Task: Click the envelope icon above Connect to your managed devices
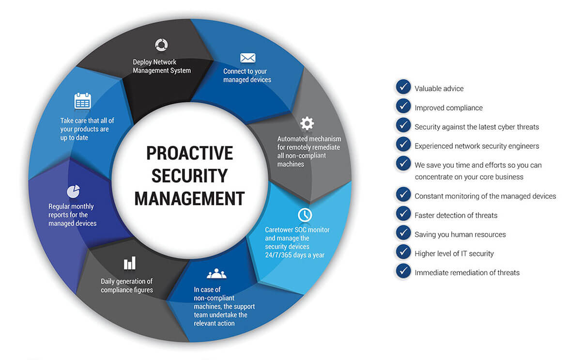pyautogui.click(x=248, y=58)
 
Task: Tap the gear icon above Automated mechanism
pyautogui.click(x=307, y=123)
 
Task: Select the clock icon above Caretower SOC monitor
pyautogui.click(x=305, y=215)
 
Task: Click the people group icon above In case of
pyautogui.click(x=216, y=274)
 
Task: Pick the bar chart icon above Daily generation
pyautogui.click(x=130, y=263)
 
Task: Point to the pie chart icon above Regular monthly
pyautogui.click(x=73, y=191)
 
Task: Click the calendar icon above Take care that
pyautogui.click(x=83, y=101)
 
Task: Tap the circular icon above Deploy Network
pyautogui.click(x=162, y=45)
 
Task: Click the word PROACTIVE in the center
pyautogui.click(x=189, y=153)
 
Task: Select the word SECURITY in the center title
pyautogui.click(x=189, y=176)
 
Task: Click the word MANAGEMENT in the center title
pyautogui.click(x=189, y=199)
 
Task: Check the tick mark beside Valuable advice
pyautogui.click(x=403, y=87)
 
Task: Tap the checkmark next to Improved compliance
pyautogui.click(x=403, y=106)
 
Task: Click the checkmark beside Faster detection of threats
pyautogui.click(x=403, y=214)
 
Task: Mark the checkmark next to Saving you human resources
pyautogui.click(x=403, y=233)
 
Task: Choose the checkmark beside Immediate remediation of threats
pyautogui.click(x=403, y=271)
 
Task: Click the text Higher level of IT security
pyautogui.click(x=454, y=253)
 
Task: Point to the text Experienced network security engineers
pyautogui.click(x=476, y=146)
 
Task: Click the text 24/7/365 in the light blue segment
pyautogui.click(x=278, y=255)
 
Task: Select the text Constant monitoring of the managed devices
pyautogui.click(x=485, y=196)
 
